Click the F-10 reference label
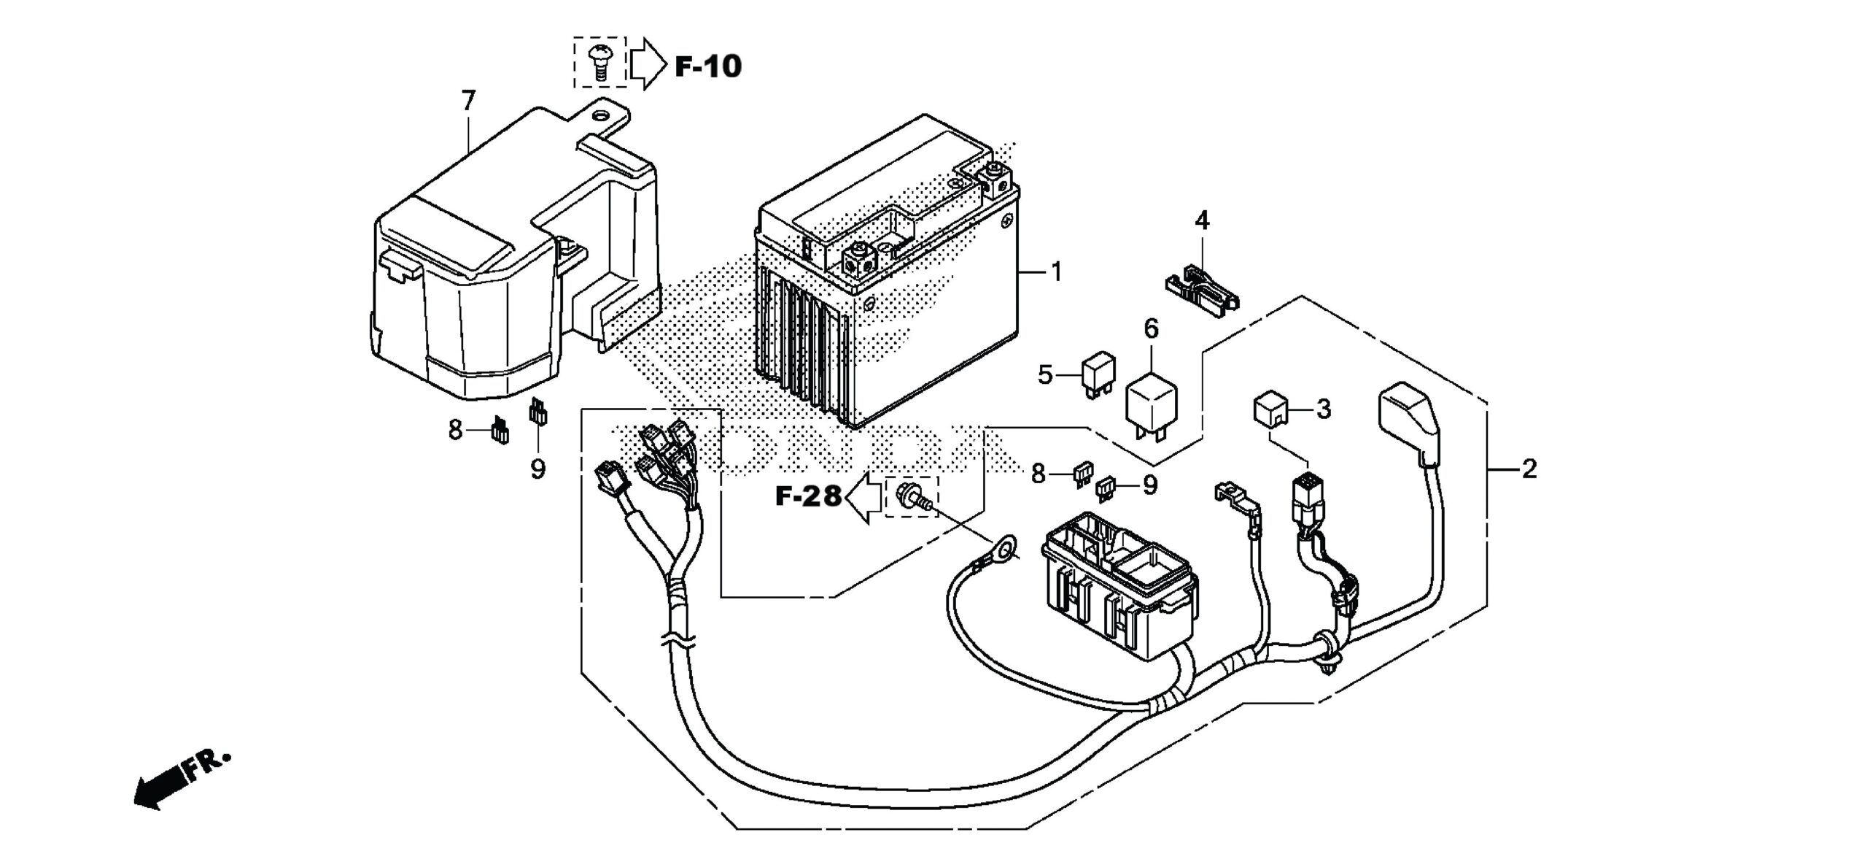coord(707,66)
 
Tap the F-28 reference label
coord(808,497)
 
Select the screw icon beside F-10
coord(599,61)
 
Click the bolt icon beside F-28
coord(911,498)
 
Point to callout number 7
coord(468,100)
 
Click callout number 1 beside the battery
coord(1056,272)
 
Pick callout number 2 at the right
coord(1529,469)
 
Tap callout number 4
coord(1201,220)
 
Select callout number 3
coord(1324,409)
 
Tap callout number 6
coord(1151,329)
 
